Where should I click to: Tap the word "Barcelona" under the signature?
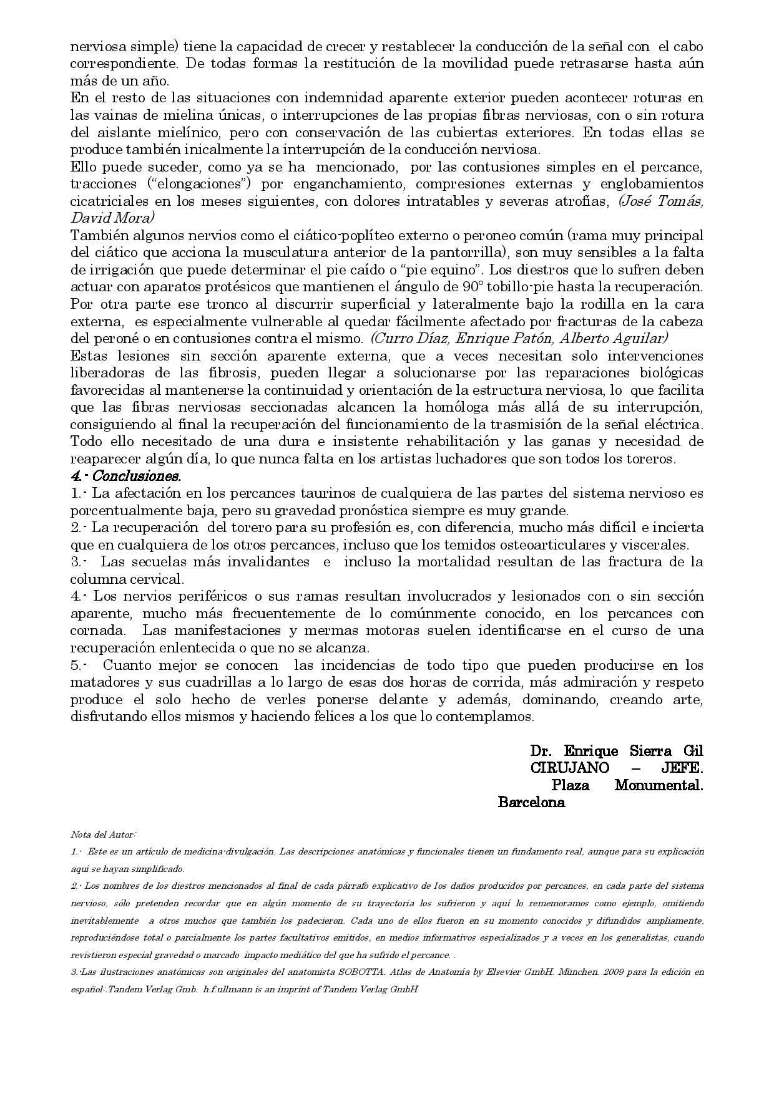pyautogui.click(x=531, y=802)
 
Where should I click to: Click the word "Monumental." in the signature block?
pyautogui.click(x=659, y=785)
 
